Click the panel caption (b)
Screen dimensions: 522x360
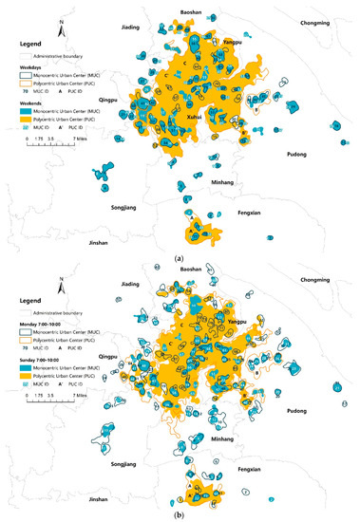pyautogui.click(x=180, y=515)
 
